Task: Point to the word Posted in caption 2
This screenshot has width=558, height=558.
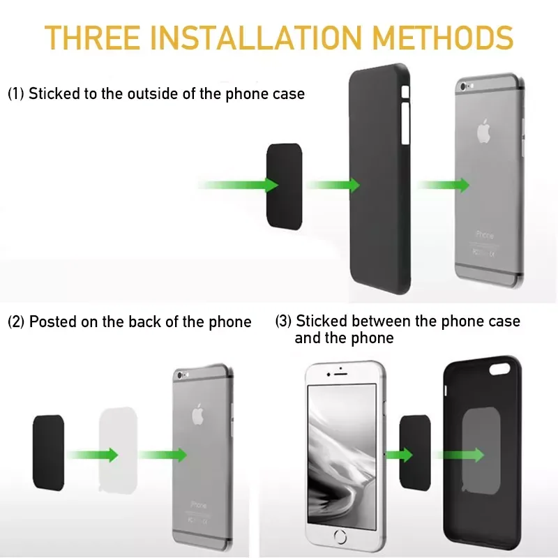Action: pyautogui.click(x=52, y=322)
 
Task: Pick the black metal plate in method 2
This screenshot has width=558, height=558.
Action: pyautogui.click(x=47, y=451)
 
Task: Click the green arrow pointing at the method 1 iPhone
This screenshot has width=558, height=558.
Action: pyautogui.click(x=444, y=185)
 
